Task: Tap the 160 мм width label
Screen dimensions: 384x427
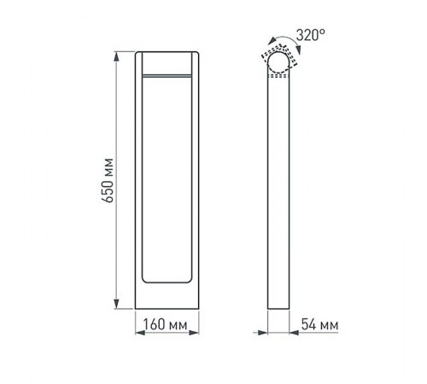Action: pos(166,325)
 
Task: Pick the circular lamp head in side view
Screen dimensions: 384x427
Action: pos(279,67)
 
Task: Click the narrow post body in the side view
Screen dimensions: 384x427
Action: pos(279,196)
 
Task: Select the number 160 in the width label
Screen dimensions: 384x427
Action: pos(154,325)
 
